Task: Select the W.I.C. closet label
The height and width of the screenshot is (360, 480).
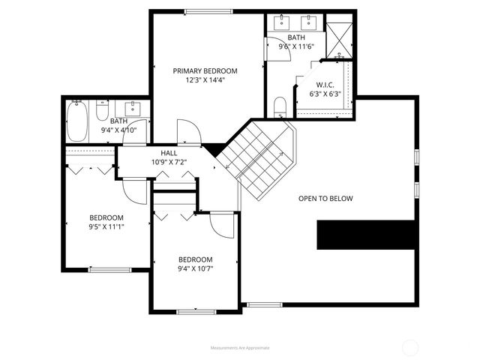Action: coord(325,85)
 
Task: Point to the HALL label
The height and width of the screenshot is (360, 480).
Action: coord(169,152)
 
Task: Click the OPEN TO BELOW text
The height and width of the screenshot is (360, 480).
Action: coord(325,199)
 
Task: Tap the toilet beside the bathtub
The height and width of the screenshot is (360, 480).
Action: coord(102,112)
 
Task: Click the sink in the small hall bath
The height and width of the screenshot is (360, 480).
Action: coord(134,106)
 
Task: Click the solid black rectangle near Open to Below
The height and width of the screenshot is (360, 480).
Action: coord(366,235)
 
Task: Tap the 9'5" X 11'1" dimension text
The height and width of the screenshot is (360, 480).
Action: coord(106,226)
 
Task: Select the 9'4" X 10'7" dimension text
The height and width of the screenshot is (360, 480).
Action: coord(195,268)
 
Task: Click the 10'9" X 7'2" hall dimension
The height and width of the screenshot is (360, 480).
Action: coord(169,161)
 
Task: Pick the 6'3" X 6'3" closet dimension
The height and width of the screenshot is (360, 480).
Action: coord(325,94)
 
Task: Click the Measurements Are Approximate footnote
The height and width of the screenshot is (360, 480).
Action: coord(240,348)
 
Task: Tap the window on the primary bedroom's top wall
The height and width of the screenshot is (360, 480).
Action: coord(208,10)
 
